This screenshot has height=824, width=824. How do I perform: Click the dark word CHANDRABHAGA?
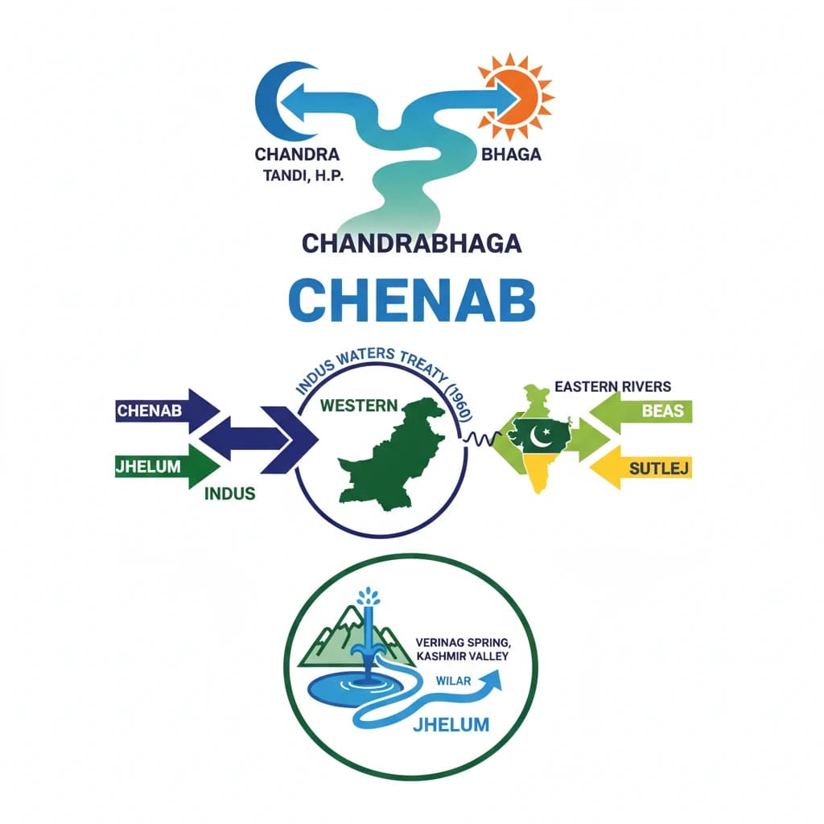click(x=413, y=245)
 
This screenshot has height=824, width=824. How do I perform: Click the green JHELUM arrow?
click(x=165, y=466)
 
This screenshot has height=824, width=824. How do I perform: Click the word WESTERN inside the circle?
click(x=358, y=405)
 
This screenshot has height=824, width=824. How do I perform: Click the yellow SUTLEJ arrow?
click(x=644, y=468)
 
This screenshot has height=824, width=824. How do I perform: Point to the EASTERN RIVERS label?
click(x=612, y=386)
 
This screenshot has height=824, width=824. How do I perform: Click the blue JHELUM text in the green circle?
click(x=451, y=724)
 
